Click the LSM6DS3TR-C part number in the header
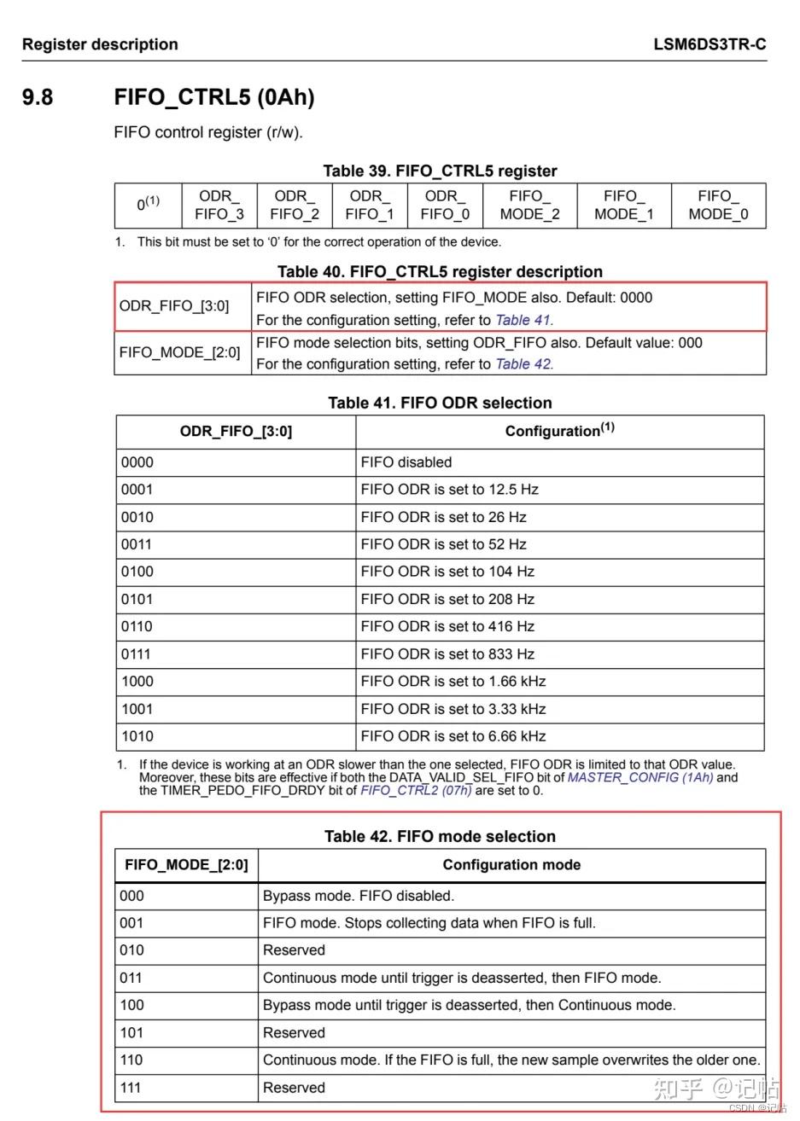(709, 44)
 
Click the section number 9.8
(38, 97)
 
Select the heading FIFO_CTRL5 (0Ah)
(214, 97)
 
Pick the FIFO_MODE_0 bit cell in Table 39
(718, 206)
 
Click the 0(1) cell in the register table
(149, 205)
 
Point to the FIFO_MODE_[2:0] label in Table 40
(180, 352)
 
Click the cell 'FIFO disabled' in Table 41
(406, 462)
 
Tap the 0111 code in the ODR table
(137, 654)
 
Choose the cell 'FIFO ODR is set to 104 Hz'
(447, 572)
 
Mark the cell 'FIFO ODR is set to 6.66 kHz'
(453, 736)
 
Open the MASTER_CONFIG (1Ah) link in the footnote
(640, 777)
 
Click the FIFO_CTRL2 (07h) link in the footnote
(416, 790)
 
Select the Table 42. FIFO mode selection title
(440, 836)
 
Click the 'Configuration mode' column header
(511, 865)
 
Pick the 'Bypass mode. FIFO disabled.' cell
(359, 896)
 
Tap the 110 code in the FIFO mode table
(132, 1060)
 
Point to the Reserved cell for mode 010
(295, 950)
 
